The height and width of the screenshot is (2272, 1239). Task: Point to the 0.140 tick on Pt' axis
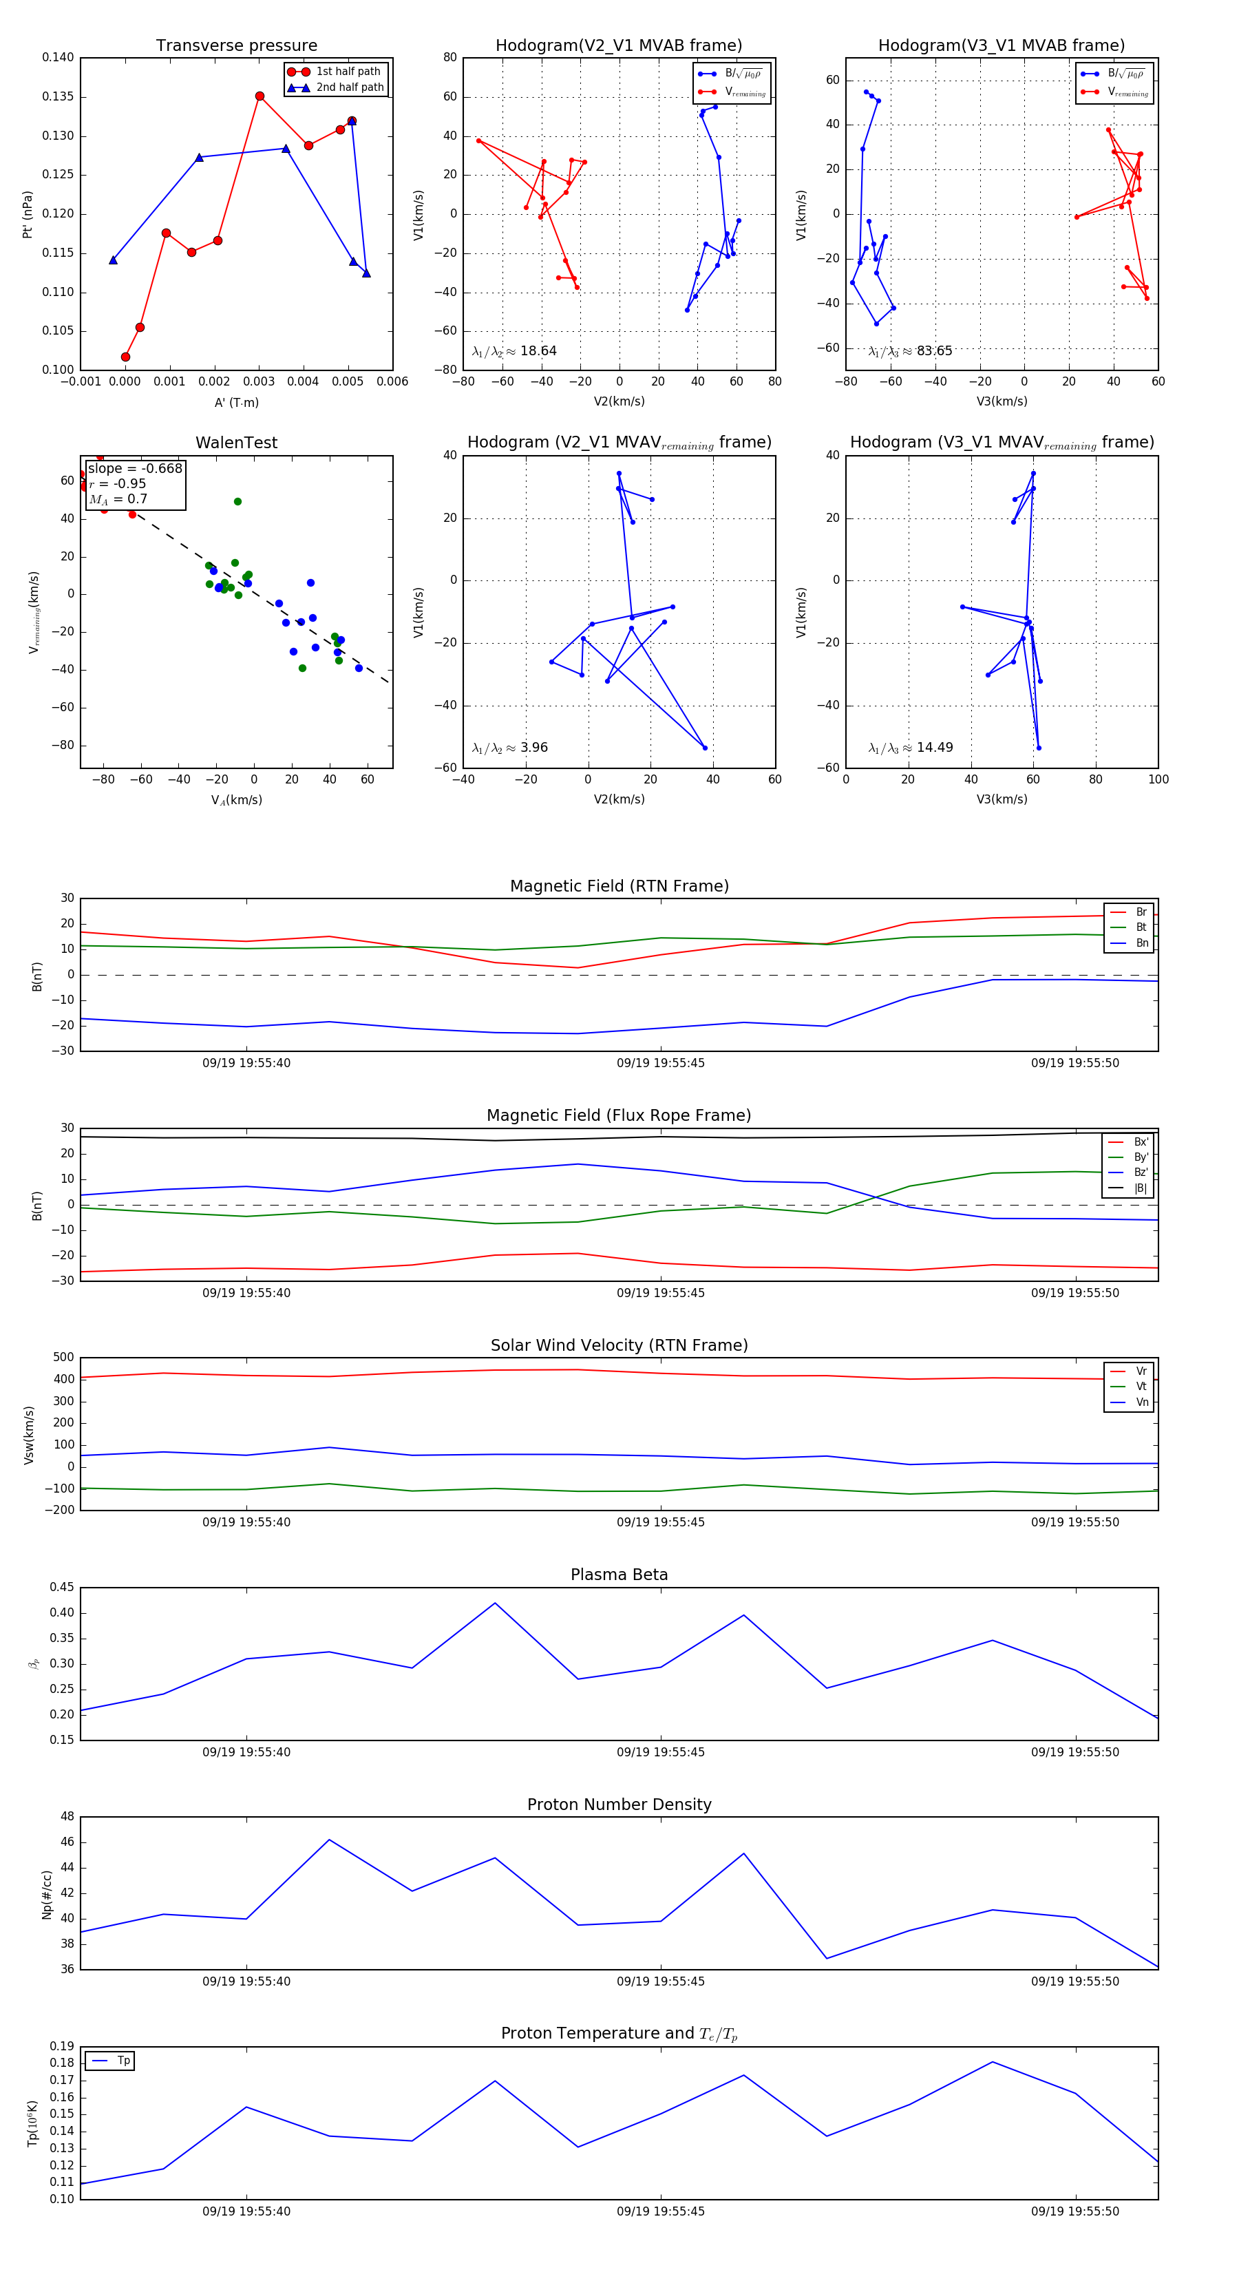(x=59, y=57)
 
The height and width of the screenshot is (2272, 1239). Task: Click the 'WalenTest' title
(x=236, y=443)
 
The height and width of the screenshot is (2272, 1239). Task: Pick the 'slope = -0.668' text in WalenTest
(x=135, y=468)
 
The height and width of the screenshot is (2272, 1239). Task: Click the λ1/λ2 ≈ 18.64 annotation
(x=514, y=351)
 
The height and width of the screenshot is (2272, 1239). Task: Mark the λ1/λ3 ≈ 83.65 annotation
(x=910, y=351)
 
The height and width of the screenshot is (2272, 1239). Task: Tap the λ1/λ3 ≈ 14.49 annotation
(x=910, y=748)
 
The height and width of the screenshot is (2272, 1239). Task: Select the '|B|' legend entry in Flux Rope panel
(x=1141, y=1188)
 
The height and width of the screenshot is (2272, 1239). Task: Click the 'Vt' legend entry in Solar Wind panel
(x=1141, y=1387)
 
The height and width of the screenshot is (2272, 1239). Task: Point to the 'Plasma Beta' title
(x=619, y=1575)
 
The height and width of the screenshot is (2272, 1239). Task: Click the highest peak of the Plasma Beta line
(x=495, y=1603)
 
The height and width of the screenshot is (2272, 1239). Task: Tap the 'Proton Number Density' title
(x=619, y=1805)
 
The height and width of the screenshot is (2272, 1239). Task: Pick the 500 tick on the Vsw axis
(x=63, y=1358)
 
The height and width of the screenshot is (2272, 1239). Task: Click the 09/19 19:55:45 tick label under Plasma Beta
(x=661, y=1752)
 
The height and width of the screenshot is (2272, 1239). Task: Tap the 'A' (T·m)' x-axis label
(x=236, y=402)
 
